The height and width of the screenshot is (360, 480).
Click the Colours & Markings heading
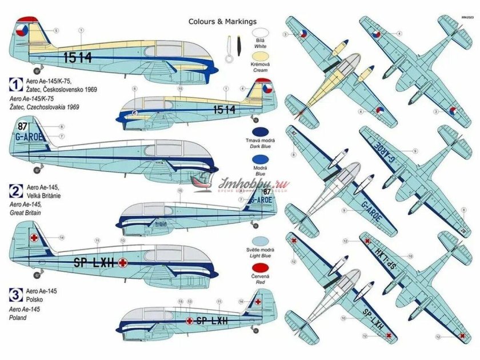click(x=223, y=22)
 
